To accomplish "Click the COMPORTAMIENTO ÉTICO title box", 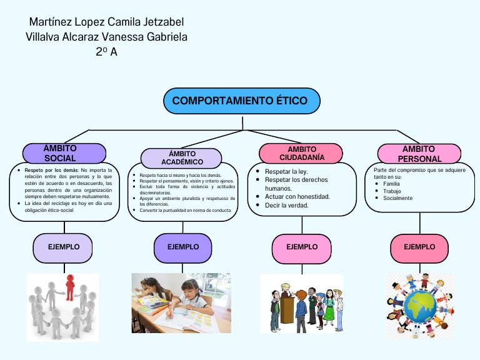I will click(241, 101).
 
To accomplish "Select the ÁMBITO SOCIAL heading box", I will click(64, 153).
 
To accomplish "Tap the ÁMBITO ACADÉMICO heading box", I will click(181, 158).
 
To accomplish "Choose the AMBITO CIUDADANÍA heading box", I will click(301, 153).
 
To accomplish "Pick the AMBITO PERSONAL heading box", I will click(419, 154).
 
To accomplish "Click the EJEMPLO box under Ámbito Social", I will click(64, 247).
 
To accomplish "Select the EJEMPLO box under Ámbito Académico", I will click(183, 247).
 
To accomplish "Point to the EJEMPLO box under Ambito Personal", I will click(419, 247).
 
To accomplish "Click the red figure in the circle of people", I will click(69, 286).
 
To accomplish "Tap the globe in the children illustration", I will click(419, 306).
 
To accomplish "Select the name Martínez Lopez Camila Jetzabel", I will click(106, 22).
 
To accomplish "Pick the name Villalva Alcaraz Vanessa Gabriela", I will click(106, 37).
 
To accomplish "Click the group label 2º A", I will click(106, 52).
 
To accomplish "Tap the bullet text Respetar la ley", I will click(286, 171).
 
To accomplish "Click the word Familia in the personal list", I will click(391, 184).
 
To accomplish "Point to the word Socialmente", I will click(397, 198).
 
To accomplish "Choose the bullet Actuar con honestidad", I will click(297, 196).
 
